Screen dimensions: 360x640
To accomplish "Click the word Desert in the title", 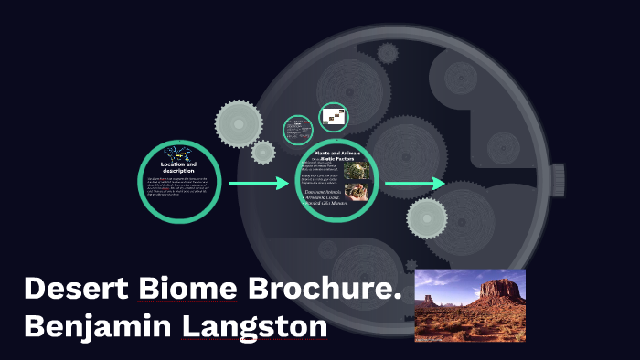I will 77,289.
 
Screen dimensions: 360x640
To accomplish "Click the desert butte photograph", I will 470,305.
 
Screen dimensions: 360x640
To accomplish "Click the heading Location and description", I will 179,167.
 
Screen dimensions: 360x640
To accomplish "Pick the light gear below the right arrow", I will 427,218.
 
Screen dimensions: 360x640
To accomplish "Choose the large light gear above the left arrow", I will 240,119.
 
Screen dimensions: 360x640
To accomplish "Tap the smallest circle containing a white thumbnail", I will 334,116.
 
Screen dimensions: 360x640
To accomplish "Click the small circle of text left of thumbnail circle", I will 297,129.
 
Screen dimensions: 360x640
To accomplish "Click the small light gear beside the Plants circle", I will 263,152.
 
